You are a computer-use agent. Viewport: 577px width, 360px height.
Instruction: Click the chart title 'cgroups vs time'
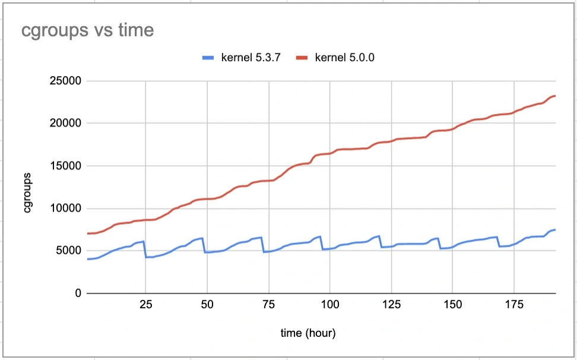(x=88, y=30)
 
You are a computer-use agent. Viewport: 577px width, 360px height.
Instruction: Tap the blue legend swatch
(x=208, y=58)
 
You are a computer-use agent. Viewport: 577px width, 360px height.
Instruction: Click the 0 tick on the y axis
(x=77, y=293)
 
